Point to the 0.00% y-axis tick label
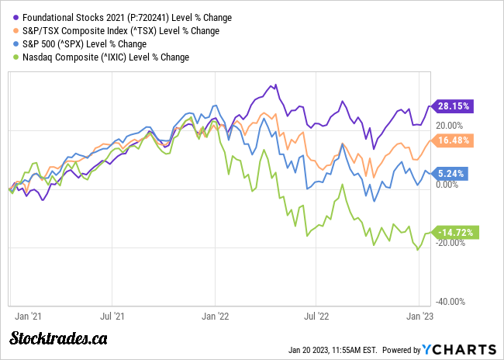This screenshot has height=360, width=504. click(x=452, y=184)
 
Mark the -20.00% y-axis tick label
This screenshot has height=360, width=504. click(x=450, y=243)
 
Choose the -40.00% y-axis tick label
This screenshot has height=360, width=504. click(x=450, y=302)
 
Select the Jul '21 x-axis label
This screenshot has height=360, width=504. click(x=113, y=317)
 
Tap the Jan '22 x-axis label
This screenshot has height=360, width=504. click(x=214, y=317)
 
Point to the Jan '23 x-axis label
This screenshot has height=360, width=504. click(x=419, y=317)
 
